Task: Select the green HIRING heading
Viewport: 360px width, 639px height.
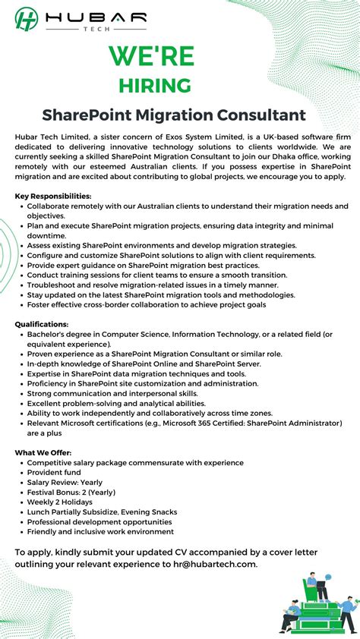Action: [154, 85]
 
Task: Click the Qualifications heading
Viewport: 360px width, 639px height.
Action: [42, 324]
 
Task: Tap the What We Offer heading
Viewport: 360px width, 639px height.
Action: [43, 453]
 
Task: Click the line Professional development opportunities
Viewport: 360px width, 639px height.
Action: [99, 522]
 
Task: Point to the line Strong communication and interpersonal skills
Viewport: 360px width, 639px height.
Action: [112, 393]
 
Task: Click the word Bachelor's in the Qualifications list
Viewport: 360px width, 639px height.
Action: [49, 334]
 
